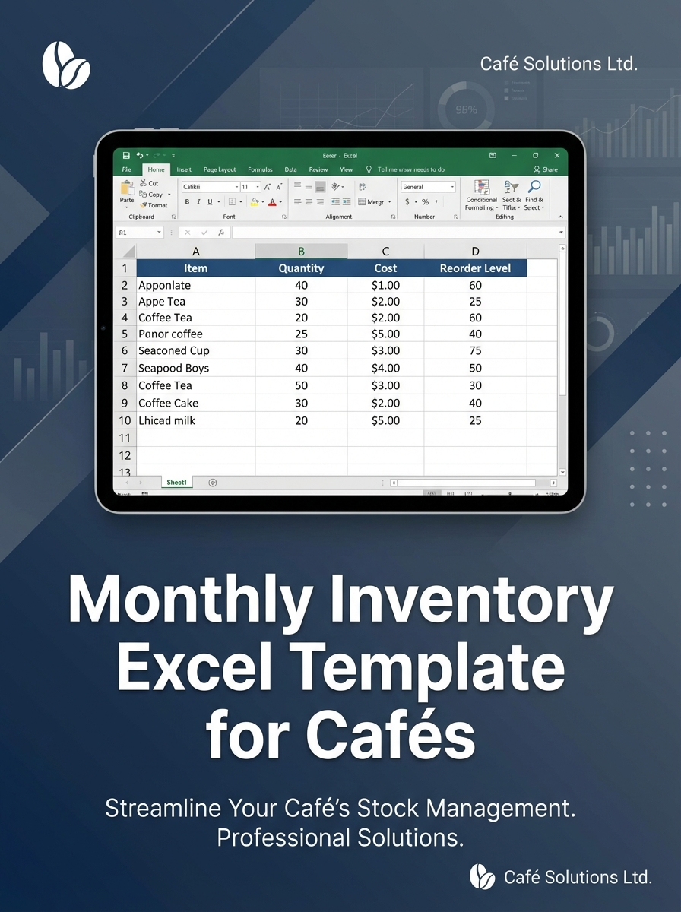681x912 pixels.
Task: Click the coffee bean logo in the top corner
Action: tap(66, 64)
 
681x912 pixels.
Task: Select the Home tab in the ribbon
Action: tap(156, 169)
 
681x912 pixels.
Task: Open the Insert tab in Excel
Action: tap(184, 169)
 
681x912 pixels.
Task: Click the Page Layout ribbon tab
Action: tap(220, 169)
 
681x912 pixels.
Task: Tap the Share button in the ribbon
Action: tap(546, 169)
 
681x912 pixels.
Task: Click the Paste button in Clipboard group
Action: tap(126, 193)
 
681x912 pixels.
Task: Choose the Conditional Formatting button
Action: tap(481, 195)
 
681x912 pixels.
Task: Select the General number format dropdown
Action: tap(428, 187)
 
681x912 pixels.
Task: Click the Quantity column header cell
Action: tap(301, 268)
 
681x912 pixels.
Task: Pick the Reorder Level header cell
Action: tap(475, 268)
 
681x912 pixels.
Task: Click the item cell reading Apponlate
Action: tap(165, 286)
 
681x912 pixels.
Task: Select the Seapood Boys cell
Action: tap(173, 368)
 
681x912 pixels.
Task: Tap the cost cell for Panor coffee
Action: tap(385, 334)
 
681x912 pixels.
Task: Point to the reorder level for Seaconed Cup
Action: tap(475, 351)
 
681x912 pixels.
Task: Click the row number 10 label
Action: tap(125, 420)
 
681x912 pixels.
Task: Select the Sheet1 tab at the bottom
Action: tap(176, 483)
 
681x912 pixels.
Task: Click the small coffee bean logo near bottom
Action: tap(482, 876)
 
